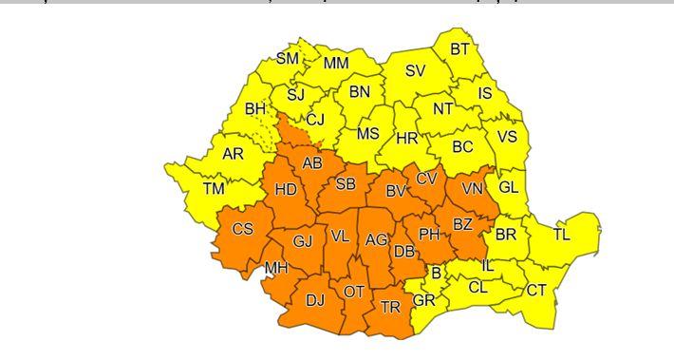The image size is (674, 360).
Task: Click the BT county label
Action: pyautogui.click(x=459, y=49)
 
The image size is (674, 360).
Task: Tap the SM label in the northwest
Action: pyautogui.click(x=287, y=59)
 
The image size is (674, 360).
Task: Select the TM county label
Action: pyautogui.click(x=214, y=188)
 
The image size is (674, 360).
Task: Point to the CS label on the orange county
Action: pyautogui.click(x=243, y=229)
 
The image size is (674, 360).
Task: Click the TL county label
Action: pyautogui.click(x=561, y=234)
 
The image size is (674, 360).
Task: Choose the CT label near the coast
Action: pyautogui.click(x=536, y=291)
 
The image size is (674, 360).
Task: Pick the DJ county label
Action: pyautogui.click(x=314, y=301)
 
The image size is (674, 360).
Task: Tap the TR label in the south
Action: pyautogui.click(x=390, y=307)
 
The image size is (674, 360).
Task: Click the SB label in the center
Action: pyautogui.click(x=346, y=183)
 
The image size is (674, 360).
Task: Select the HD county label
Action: pyautogui.click(x=286, y=189)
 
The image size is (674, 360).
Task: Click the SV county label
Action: pyautogui.click(x=415, y=70)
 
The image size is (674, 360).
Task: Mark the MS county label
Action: pyautogui.click(x=367, y=133)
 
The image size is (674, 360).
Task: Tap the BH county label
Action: pyautogui.click(x=255, y=109)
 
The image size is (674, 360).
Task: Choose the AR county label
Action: pyautogui.click(x=234, y=153)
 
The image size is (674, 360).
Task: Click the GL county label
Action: pyautogui.click(x=509, y=186)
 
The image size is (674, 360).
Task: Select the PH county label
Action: pyautogui.click(x=429, y=234)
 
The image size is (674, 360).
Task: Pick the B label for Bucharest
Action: pyautogui.click(x=437, y=275)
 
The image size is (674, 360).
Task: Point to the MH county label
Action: pyautogui.click(x=276, y=268)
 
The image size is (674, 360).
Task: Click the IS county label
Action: pyautogui.click(x=485, y=93)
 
